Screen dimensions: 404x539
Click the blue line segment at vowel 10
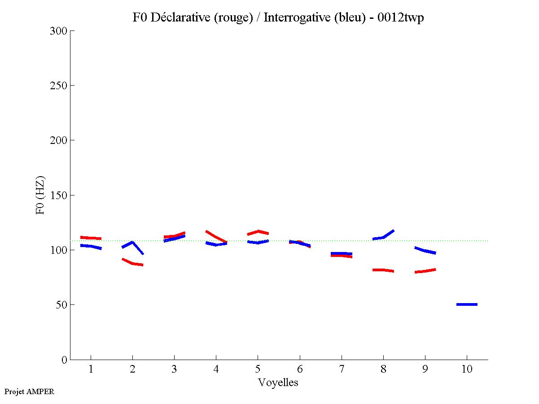[x=467, y=304]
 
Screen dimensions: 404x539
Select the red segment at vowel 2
[x=132, y=263]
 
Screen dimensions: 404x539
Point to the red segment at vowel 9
[x=425, y=271]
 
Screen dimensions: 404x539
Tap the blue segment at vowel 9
[x=425, y=250]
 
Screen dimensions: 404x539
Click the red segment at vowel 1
[x=91, y=238]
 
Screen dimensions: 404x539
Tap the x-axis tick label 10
[x=467, y=369]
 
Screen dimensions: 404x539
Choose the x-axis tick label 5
[x=258, y=369]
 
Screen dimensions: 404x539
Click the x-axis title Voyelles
[x=278, y=382]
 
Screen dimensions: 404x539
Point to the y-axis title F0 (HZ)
[x=40, y=195]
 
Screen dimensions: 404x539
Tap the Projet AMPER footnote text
[x=29, y=391]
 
